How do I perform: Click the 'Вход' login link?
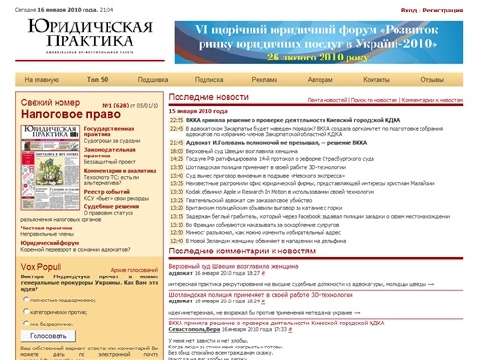(410, 10)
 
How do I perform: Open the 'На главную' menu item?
(40, 79)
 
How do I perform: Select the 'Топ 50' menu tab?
(97, 79)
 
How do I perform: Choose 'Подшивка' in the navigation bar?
(154, 79)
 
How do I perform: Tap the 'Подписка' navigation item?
(208, 79)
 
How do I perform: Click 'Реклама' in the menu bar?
(266, 79)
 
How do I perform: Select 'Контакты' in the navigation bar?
(376, 79)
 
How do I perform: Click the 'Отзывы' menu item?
(432, 79)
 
